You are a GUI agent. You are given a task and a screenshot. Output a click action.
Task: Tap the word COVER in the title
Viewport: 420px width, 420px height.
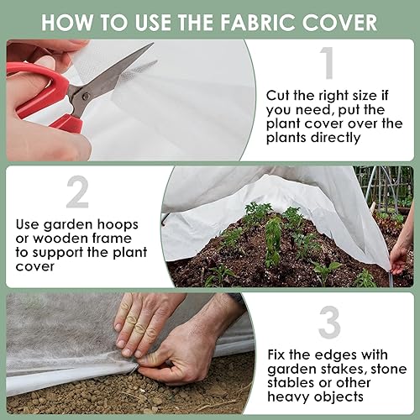click(x=344, y=21)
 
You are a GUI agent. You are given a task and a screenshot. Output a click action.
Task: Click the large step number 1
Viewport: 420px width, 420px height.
click(x=327, y=63)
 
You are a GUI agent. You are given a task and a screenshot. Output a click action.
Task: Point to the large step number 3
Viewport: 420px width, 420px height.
click(x=328, y=323)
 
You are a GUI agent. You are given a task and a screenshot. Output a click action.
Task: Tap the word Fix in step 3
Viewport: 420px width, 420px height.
click(x=277, y=355)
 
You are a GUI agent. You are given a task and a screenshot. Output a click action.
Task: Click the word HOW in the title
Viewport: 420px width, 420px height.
click(x=71, y=21)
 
